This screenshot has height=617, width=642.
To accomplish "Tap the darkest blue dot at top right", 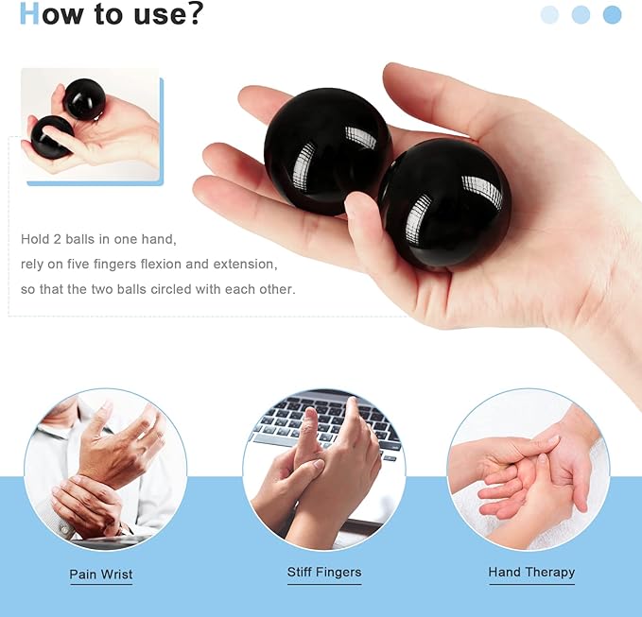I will [612, 14].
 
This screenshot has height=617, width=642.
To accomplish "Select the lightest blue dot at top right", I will [549, 14].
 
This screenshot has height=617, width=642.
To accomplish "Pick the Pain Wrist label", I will [101, 574].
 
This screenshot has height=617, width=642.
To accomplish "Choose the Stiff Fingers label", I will [324, 572].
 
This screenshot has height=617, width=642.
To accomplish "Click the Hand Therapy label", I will [531, 572].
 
